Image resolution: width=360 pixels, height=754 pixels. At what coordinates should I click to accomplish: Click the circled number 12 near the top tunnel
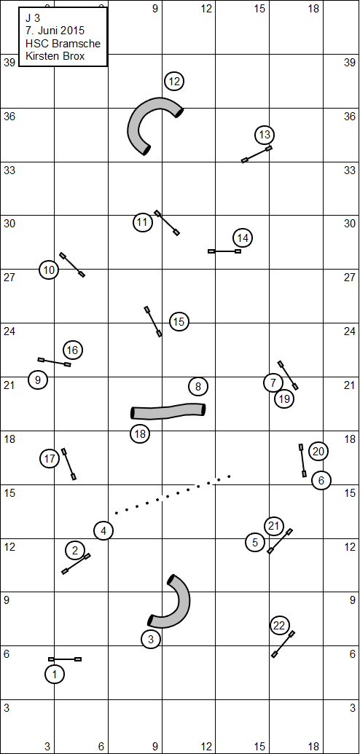[x=174, y=82]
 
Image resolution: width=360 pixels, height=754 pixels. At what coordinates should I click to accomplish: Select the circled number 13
[x=265, y=135]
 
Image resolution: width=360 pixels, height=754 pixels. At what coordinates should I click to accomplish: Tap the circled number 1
[x=55, y=674]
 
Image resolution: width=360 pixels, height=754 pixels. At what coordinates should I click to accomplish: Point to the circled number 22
[x=279, y=626]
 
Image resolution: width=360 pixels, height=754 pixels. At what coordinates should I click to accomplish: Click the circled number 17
[x=50, y=459]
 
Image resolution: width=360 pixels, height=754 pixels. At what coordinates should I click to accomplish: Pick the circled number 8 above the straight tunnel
[x=198, y=385]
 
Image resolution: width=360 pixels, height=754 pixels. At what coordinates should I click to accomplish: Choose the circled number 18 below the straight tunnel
[x=140, y=433]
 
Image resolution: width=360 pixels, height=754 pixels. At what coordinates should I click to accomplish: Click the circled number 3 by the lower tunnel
[x=151, y=639]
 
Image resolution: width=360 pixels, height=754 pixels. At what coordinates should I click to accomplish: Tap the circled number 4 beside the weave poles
[x=103, y=531]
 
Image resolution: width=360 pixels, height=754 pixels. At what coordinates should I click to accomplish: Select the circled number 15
[x=179, y=322]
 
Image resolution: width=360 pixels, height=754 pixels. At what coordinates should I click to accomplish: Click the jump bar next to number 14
[x=224, y=251]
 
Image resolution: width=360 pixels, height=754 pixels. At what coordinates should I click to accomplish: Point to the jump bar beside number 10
[x=72, y=264]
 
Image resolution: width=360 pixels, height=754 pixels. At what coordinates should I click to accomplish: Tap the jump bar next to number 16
[x=55, y=362]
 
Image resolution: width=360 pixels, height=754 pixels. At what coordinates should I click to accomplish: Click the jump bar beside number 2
[x=76, y=564]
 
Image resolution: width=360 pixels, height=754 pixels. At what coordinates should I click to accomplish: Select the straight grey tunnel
[x=168, y=411]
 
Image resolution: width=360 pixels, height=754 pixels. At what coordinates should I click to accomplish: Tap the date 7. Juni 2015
[x=55, y=31]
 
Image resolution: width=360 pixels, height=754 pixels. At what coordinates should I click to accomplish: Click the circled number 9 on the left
[x=38, y=380]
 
